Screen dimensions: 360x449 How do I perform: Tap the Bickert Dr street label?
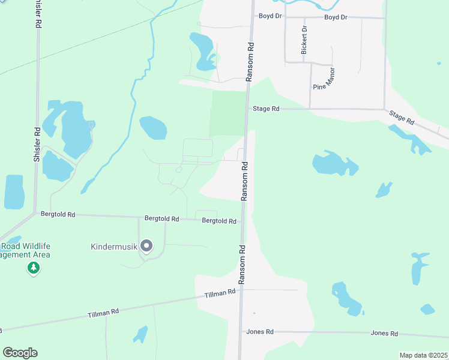[304, 40]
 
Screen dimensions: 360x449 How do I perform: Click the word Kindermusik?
[114, 247]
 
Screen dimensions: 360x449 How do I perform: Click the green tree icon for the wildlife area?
[34, 268]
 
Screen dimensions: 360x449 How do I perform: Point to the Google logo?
[20, 353]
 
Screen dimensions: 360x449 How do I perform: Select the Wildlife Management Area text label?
[25, 250]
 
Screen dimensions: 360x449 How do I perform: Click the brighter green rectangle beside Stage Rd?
[228, 112]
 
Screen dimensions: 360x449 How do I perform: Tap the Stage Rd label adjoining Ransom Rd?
[266, 109]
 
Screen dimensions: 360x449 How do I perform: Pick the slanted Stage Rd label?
[402, 117]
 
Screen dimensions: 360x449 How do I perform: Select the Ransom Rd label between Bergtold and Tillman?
[242, 264]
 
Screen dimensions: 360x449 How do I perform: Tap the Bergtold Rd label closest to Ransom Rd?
[219, 221]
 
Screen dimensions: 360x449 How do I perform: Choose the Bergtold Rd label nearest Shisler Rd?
[58, 214]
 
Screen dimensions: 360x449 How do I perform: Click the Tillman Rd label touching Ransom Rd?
[220, 293]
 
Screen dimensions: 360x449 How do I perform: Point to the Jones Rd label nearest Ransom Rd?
[260, 332]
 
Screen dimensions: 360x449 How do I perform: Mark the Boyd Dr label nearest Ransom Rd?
[270, 17]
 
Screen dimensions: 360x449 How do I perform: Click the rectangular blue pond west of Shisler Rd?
[14, 192]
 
